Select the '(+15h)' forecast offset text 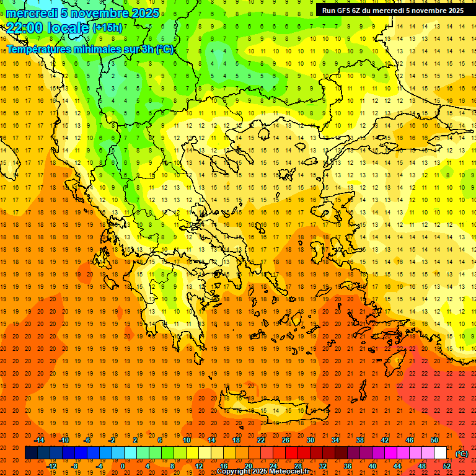click(107, 27)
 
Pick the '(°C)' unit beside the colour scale click(462, 454)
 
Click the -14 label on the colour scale click(40, 440)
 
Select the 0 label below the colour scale click(122, 466)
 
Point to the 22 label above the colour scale click(261, 440)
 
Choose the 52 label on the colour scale click(447, 466)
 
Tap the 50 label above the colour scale click(434, 440)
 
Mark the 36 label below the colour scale click(348, 466)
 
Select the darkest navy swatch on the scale click(31, 453)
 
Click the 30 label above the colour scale click(311, 440)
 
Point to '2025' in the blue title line click(146, 13)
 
